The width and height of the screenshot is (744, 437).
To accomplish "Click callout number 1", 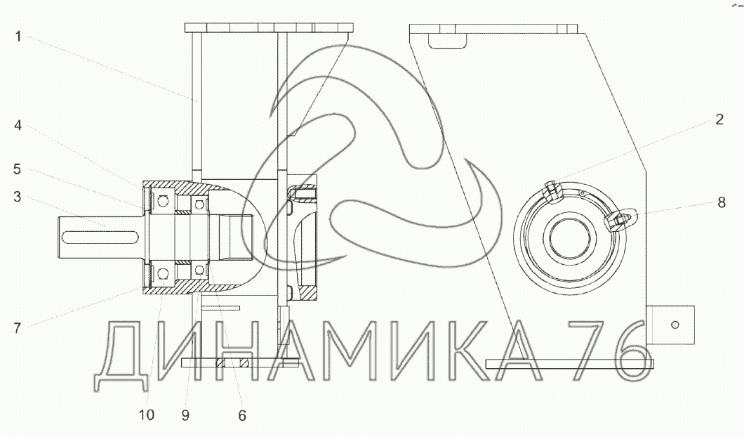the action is [x=18, y=37].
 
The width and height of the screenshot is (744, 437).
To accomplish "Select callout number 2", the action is [x=719, y=119].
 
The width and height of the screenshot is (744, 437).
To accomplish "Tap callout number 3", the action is [x=18, y=197].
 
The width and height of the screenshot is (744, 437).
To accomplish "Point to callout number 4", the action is [x=18, y=126].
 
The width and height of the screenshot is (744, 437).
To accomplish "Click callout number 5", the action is [x=18, y=169].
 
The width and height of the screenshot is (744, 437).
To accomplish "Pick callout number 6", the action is [x=242, y=416].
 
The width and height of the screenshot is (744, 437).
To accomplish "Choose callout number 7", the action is [x=18, y=327].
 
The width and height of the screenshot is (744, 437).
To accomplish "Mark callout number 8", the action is [x=722, y=202].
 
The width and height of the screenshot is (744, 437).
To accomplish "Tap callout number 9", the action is [x=185, y=416].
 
